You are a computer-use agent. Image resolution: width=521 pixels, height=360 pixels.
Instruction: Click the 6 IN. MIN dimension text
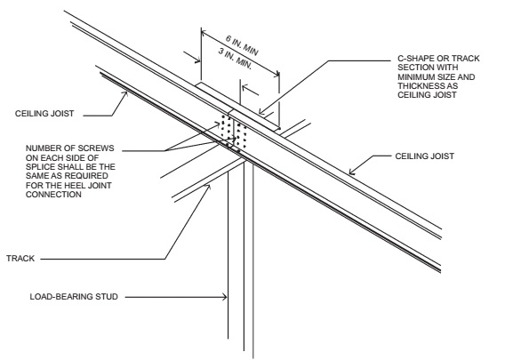(x=242, y=45)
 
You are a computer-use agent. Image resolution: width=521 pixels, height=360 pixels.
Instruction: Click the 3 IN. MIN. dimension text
(x=236, y=59)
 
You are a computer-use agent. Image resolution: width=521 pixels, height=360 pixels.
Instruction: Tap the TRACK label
(x=20, y=259)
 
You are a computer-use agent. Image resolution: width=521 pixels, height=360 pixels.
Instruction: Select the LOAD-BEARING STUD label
(x=74, y=297)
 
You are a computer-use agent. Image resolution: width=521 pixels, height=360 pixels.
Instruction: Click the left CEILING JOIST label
(x=44, y=114)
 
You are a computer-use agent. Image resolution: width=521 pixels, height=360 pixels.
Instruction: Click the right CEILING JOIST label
(x=424, y=156)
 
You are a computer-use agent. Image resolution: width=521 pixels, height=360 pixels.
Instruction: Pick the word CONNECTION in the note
(x=53, y=195)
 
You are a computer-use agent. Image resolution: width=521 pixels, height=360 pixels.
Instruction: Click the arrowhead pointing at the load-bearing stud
(x=224, y=297)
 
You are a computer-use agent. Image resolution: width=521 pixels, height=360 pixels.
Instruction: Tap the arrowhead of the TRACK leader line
(x=208, y=188)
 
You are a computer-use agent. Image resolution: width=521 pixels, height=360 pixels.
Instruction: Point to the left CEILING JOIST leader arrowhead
(x=125, y=94)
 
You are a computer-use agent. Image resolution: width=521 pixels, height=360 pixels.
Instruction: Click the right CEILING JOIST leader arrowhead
(x=352, y=172)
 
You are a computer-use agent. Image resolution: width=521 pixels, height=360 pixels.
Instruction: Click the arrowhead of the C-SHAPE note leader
(x=261, y=111)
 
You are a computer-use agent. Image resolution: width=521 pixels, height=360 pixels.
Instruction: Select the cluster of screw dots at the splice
(x=234, y=132)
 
